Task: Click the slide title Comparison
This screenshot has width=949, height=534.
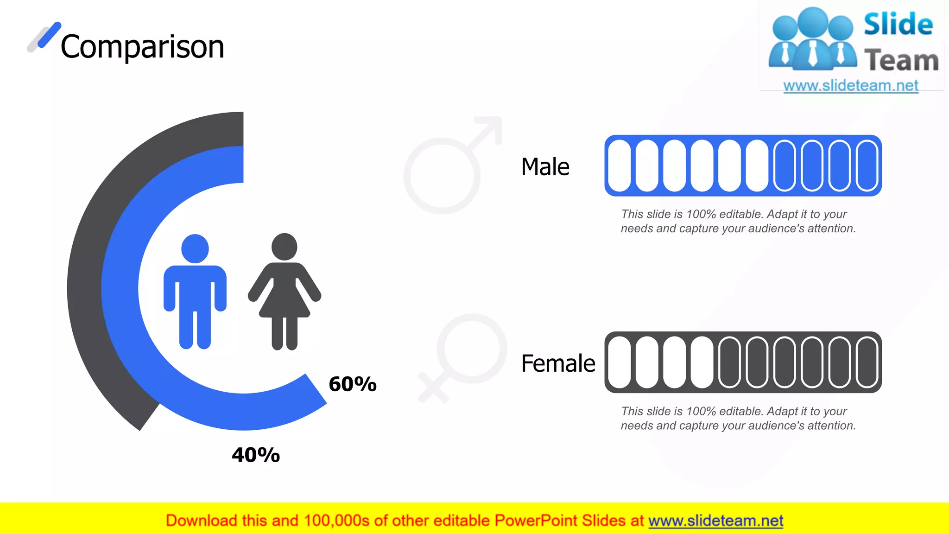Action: coord(142,47)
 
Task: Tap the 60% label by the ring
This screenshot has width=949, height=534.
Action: coord(353,384)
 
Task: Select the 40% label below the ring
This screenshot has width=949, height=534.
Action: coord(256,455)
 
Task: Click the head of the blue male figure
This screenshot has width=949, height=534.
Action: coord(195,248)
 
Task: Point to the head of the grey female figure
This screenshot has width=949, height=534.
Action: coord(284,247)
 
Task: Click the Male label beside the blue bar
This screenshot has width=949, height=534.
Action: coord(545,167)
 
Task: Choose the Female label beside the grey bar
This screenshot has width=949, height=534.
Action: coord(558,363)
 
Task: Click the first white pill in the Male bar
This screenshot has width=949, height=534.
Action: coord(619,165)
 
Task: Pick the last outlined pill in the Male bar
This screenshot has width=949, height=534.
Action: coord(867,165)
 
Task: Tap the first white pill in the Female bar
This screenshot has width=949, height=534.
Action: coord(619,362)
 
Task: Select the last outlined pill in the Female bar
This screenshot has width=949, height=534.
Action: coord(867,362)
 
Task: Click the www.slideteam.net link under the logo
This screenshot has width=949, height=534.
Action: coord(851,85)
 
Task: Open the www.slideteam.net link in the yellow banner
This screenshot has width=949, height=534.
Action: coord(715,521)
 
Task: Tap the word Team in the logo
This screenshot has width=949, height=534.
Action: coord(901,61)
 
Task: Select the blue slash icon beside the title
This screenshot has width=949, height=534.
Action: coord(49,35)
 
